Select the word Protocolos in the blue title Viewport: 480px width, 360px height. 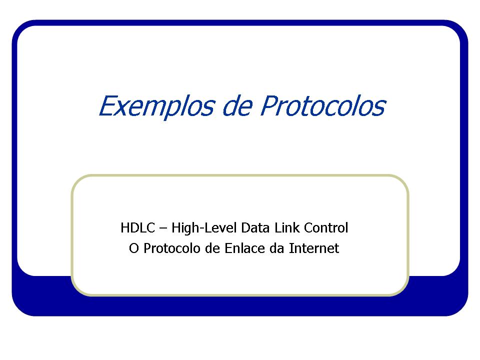pyautogui.click(x=323, y=106)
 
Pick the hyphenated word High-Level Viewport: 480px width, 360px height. pyautogui.click(x=204, y=228)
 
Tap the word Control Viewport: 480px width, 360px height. pyautogui.click(x=326, y=228)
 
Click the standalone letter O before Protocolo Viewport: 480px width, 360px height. pyautogui.click(x=133, y=248)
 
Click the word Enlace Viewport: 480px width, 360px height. pyautogui.click(x=244, y=248)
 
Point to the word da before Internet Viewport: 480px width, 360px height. pyautogui.click(x=276, y=248)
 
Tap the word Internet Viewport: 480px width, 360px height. pyautogui.click(x=314, y=248)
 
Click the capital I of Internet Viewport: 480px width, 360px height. pyautogui.click(x=291, y=248)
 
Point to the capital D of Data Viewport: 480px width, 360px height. pyautogui.click(x=245, y=228)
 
